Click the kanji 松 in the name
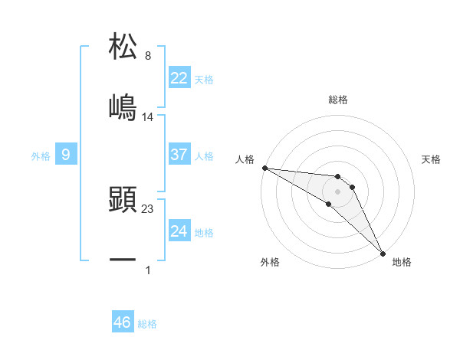[x=123, y=46]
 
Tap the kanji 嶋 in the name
[x=123, y=106]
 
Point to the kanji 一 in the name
[x=123, y=260]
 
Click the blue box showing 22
[x=179, y=78]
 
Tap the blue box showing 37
[x=179, y=155]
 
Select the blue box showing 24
[x=179, y=231]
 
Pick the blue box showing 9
[x=66, y=155]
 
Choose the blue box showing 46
[x=123, y=322]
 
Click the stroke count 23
[x=148, y=208]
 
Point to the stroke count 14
[x=148, y=116]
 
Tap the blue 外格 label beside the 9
[x=41, y=155]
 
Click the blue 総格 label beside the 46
[x=147, y=324]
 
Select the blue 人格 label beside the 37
[x=204, y=155]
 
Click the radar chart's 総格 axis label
[x=338, y=100]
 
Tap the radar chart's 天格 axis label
[x=432, y=159]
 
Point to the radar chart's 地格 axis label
[x=402, y=262]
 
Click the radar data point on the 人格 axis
[x=264, y=168]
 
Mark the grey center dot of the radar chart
[x=338, y=191]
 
